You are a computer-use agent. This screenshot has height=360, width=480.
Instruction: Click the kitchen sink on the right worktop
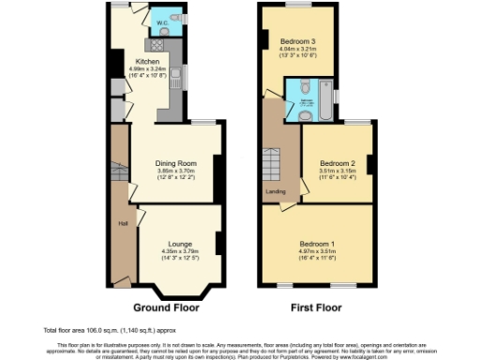pyautogui.click(x=175, y=83)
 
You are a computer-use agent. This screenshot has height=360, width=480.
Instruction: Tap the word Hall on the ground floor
pyautogui.click(x=122, y=223)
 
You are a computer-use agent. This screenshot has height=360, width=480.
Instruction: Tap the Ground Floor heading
pyautogui.click(x=165, y=307)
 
